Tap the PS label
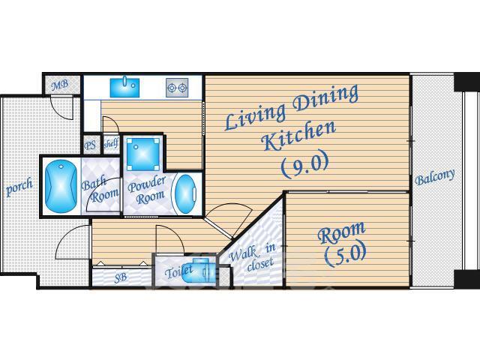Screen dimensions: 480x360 (x=90, y=145)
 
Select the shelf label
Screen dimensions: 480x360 (x=111, y=143)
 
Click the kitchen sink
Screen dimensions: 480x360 (x=124, y=87)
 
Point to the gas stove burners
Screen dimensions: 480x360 (x=177, y=88)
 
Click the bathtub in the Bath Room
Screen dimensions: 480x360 (x=61, y=186)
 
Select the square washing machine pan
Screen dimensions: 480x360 (x=143, y=154)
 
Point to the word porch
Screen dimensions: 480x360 (x=19, y=187)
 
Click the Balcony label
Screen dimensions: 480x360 (x=435, y=177)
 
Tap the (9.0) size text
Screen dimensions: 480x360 (x=305, y=164)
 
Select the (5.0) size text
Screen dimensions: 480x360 (x=345, y=254)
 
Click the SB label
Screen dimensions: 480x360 (x=120, y=277)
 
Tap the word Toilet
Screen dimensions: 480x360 (x=178, y=271)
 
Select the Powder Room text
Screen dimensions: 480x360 (x=147, y=190)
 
